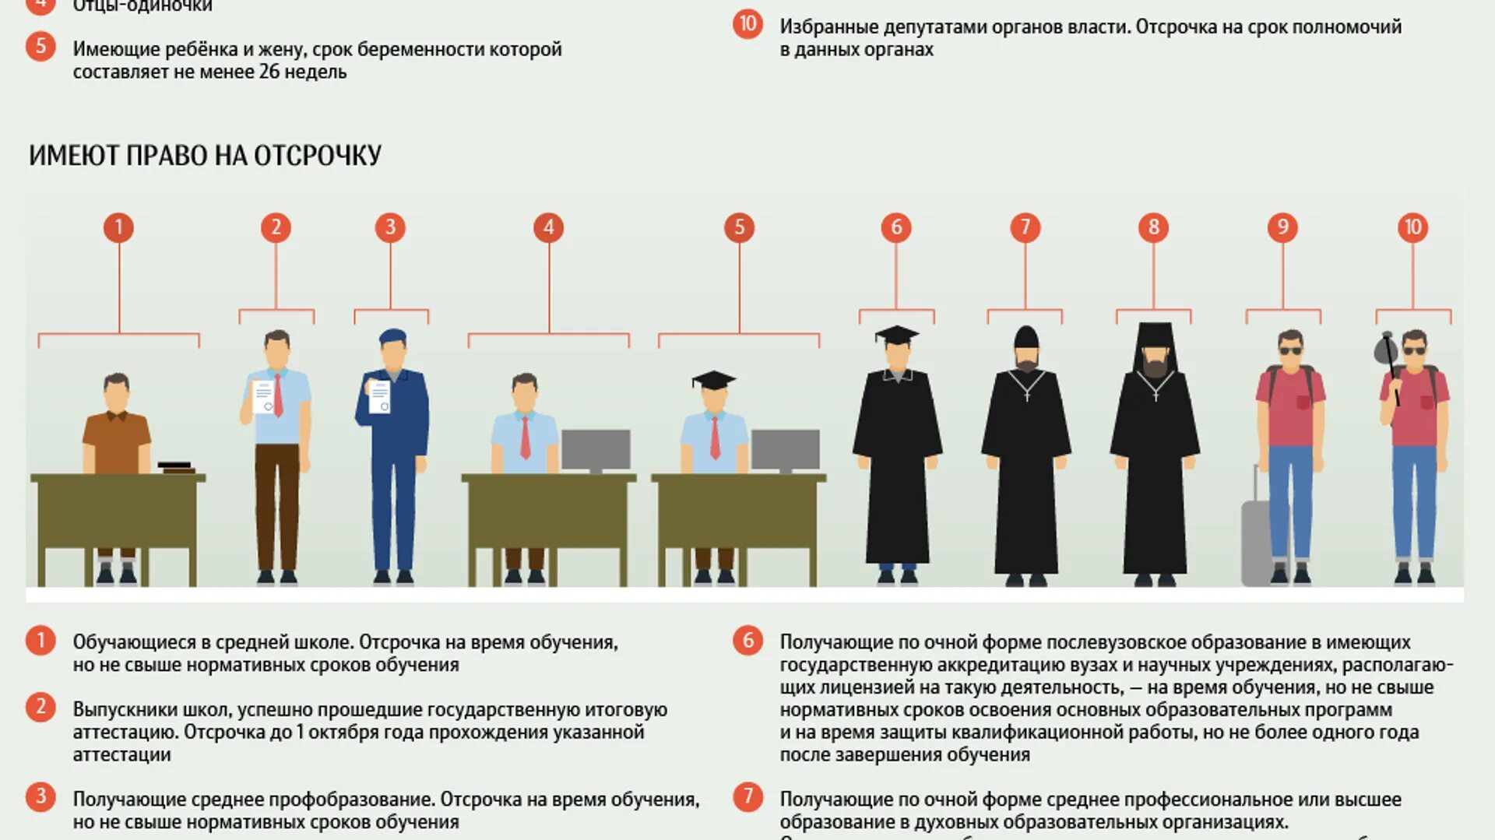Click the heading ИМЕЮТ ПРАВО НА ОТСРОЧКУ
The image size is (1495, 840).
tap(205, 155)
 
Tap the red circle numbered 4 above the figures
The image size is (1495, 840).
tap(548, 227)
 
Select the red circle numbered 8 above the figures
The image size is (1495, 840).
tap(1153, 227)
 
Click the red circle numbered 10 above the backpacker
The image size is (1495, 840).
tap(1412, 227)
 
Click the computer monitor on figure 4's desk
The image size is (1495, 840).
tap(596, 450)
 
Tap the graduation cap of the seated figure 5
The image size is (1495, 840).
tap(713, 380)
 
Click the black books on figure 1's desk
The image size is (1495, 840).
tap(177, 467)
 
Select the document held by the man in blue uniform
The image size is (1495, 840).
tap(379, 397)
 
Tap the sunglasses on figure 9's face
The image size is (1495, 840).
tap(1290, 350)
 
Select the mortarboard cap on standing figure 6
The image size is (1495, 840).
tap(897, 335)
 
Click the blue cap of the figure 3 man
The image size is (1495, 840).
tap(392, 336)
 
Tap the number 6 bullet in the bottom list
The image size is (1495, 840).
tap(747, 641)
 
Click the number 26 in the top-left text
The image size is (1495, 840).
tap(269, 72)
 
